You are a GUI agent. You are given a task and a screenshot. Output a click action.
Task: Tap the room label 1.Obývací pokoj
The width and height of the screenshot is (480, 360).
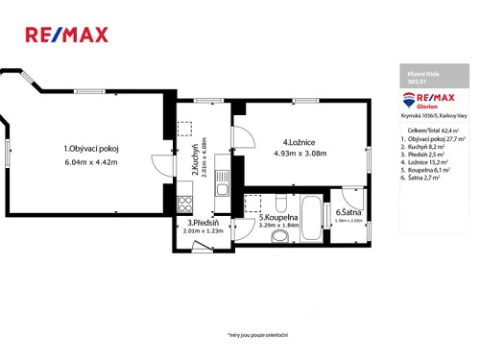coord(90,149)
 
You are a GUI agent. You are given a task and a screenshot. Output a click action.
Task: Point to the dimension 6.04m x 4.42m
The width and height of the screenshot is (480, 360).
coord(90,161)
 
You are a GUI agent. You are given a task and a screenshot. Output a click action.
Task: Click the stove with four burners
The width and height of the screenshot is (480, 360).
coord(184,203)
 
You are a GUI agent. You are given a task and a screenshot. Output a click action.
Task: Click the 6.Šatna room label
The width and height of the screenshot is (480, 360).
coord(348,213)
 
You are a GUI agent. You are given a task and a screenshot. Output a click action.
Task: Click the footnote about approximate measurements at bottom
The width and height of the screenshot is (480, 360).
coord(258,335)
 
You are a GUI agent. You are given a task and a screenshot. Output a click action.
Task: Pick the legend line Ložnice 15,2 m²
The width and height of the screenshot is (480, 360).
coord(427,164)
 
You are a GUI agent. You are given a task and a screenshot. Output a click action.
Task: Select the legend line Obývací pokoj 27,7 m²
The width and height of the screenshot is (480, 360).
coord(434,139)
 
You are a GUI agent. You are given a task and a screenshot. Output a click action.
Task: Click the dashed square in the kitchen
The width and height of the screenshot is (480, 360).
coord(184,128)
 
